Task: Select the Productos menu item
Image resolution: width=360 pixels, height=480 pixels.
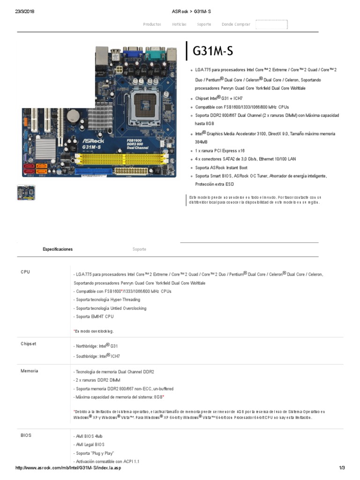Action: click(152, 24)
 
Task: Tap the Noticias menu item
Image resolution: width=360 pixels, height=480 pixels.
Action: click(179, 24)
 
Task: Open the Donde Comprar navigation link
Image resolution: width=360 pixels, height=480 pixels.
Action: click(236, 24)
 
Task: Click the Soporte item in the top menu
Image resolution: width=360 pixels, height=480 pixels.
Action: click(204, 24)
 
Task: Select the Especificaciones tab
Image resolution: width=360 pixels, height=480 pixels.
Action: click(58, 249)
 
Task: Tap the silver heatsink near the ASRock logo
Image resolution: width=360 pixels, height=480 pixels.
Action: click(45, 147)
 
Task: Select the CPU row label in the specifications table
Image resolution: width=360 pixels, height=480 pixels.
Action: click(25, 272)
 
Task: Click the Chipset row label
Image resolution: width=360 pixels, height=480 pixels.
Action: click(28, 344)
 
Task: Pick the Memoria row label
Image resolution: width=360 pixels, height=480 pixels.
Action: click(29, 371)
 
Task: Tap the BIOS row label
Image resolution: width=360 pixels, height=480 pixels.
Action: click(26, 435)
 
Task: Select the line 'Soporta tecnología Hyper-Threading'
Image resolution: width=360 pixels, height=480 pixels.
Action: click(106, 300)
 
